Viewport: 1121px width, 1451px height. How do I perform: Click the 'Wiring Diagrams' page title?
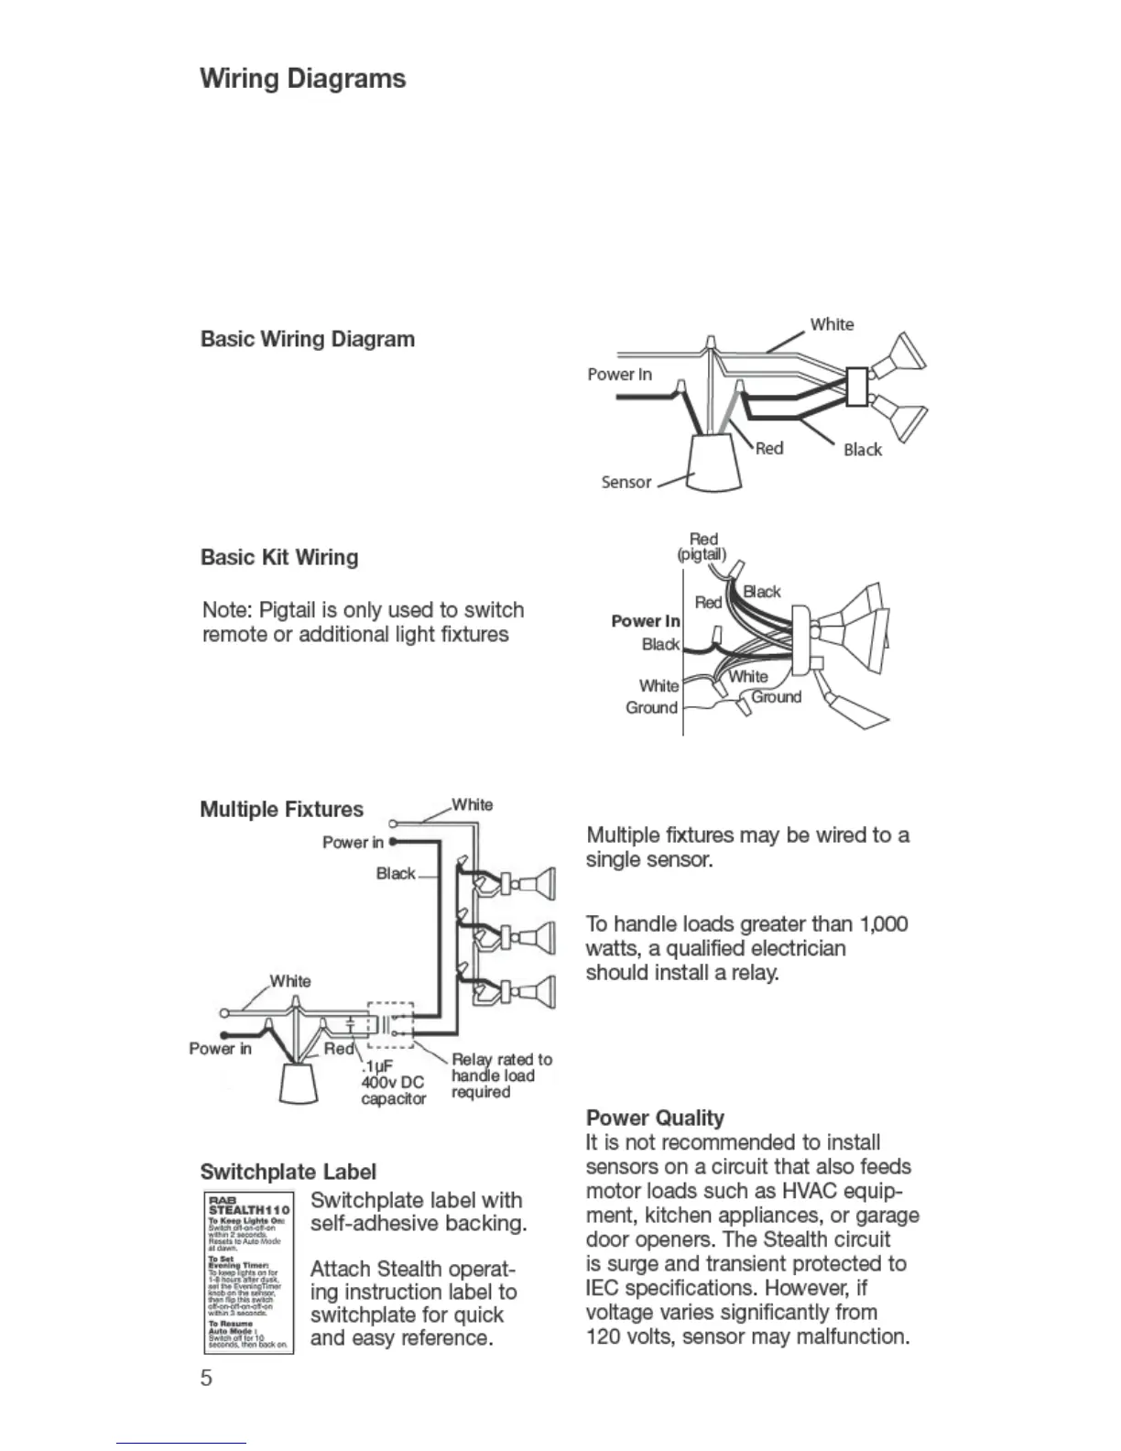(x=303, y=79)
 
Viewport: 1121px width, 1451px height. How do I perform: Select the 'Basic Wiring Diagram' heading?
(x=308, y=340)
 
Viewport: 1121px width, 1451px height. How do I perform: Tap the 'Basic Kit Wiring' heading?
(x=279, y=558)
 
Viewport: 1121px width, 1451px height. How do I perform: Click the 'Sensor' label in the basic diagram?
(x=626, y=483)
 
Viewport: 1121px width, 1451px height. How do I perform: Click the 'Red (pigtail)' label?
(x=702, y=547)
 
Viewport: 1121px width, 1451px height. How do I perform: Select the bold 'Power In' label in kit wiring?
(x=646, y=621)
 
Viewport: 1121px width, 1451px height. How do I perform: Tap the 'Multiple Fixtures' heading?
(x=281, y=810)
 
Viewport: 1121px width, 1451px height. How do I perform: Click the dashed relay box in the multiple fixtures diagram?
(x=391, y=1024)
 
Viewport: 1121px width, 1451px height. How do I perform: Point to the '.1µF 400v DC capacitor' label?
(x=393, y=1083)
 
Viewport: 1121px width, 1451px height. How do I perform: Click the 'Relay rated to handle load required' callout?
(x=501, y=1075)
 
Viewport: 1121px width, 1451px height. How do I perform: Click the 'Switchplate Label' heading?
(x=288, y=1173)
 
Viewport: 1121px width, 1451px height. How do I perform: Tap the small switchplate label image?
(x=248, y=1272)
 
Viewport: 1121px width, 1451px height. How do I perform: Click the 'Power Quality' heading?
(x=655, y=1118)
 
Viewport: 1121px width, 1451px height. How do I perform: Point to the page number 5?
(x=207, y=1378)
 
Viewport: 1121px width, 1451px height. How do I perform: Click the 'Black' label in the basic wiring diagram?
(x=863, y=450)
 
